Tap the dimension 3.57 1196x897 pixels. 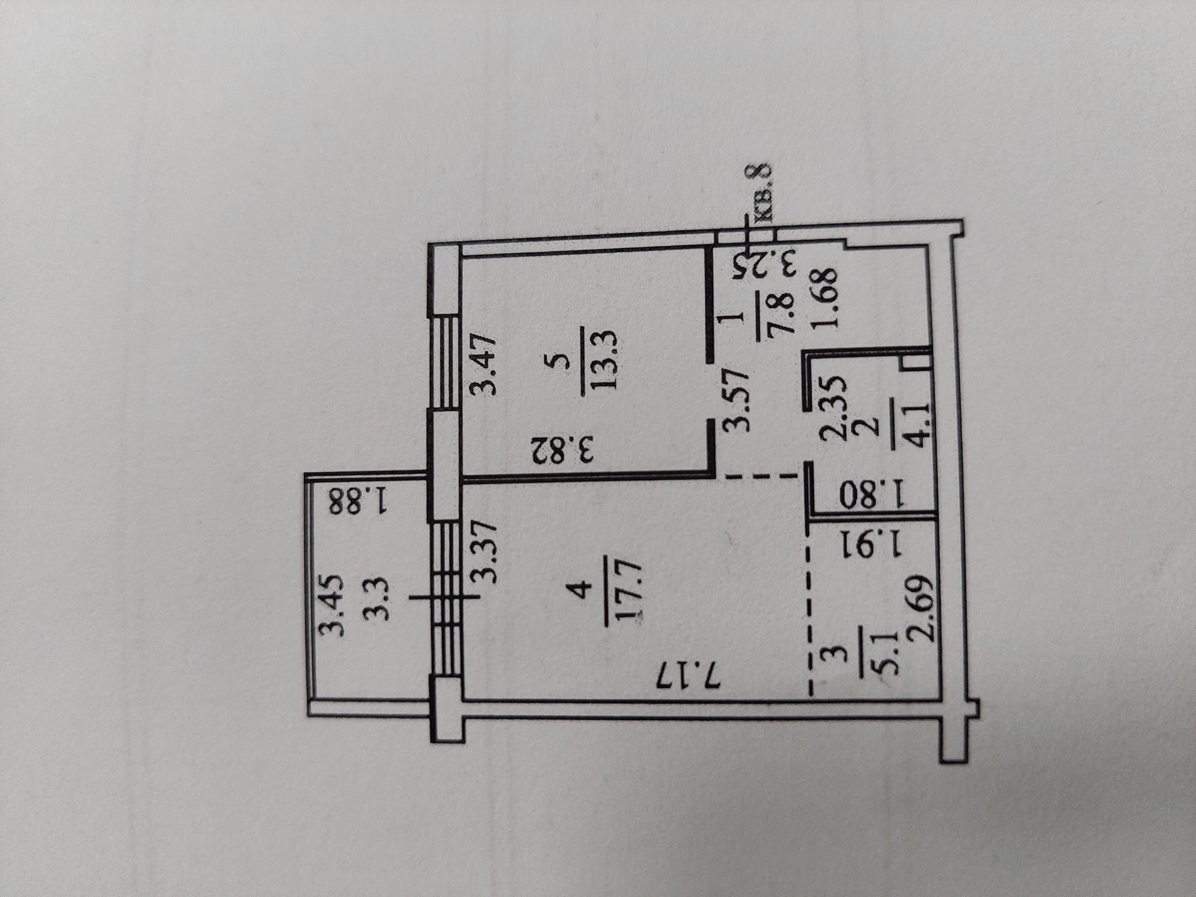point(735,399)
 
